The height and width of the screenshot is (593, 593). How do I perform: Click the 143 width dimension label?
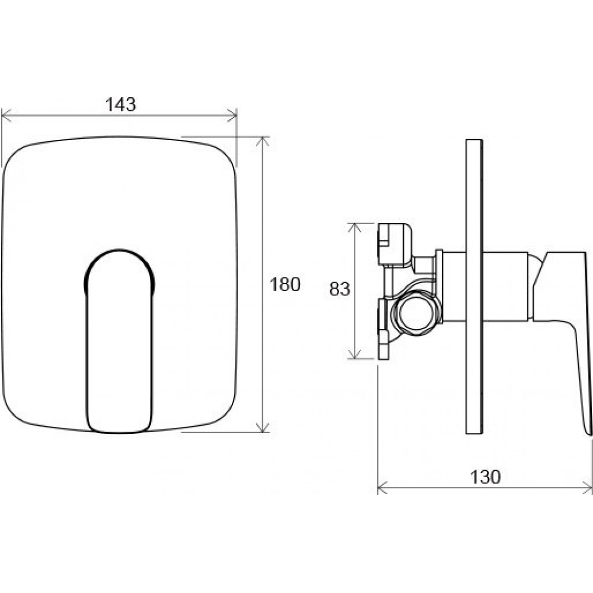click(x=120, y=104)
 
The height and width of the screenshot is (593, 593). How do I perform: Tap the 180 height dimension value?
click(x=285, y=285)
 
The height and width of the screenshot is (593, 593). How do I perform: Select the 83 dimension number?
click(x=340, y=289)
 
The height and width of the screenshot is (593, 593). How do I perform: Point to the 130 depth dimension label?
click(x=485, y=477)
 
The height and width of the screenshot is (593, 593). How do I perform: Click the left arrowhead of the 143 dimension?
click(x=7, y=116)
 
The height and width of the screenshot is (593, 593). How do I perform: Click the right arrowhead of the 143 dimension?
click(x=231, y=116)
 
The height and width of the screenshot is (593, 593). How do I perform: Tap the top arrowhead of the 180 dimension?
click(x=263, y=142)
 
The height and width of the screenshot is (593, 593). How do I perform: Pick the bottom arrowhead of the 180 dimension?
click(x=263, y=427)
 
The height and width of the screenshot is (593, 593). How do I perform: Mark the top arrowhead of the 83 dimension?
click(x=354, y=228)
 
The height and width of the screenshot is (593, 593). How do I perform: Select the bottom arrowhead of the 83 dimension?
click(x=354, y=353)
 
